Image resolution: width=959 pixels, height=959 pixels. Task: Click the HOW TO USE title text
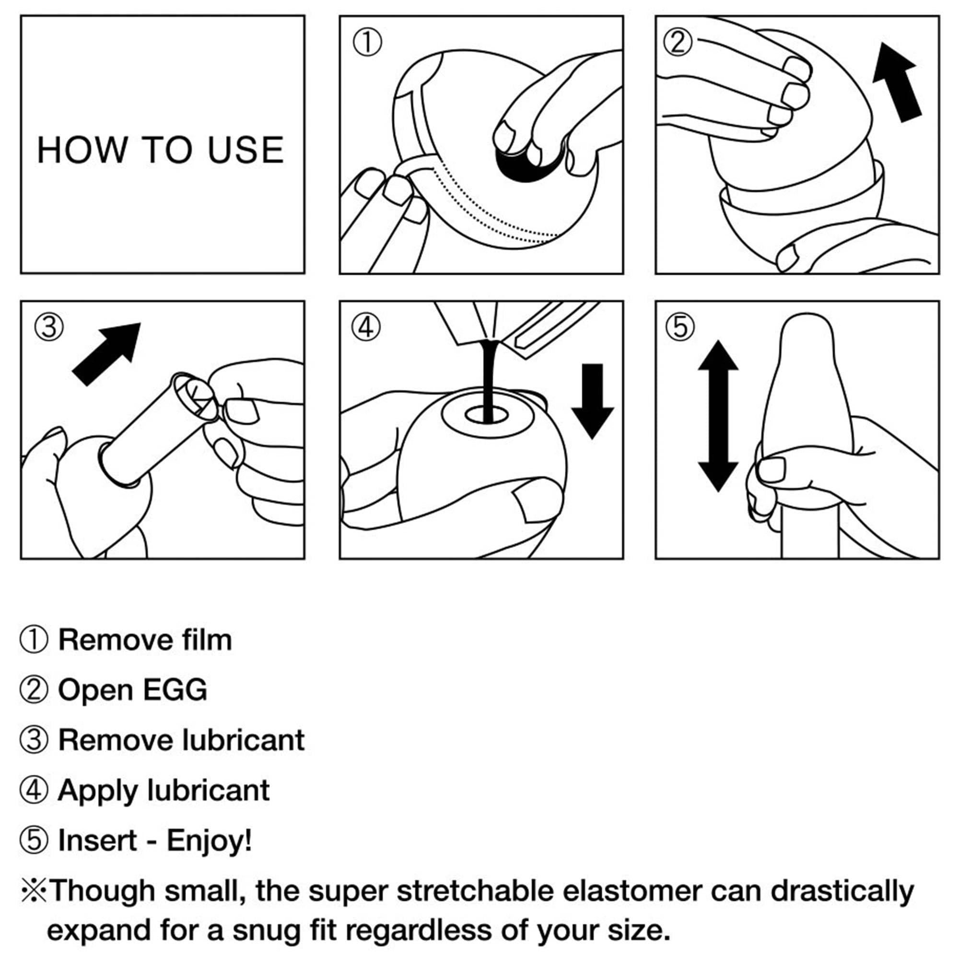point(161,150)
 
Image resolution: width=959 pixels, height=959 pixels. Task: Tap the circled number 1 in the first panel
point(367,43)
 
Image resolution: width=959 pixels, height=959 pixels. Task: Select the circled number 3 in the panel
point(48,327)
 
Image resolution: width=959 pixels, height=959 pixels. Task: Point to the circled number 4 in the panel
point(366,327)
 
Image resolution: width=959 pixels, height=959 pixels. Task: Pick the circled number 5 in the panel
point(680,327)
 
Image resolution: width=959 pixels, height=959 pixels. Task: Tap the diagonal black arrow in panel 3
point(107,354)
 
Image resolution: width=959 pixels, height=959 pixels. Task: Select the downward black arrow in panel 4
point(593,401)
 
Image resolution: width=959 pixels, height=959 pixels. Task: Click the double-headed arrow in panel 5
point(718,416)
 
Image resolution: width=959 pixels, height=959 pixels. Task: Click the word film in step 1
point(207,640)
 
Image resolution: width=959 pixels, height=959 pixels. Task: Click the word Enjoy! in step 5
point(209,842)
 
